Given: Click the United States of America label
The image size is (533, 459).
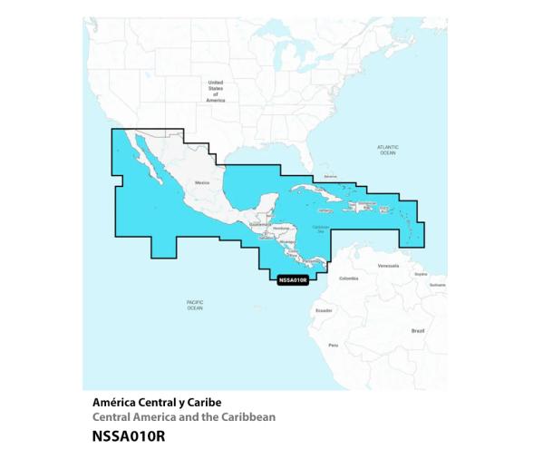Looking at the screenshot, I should coord(215,91).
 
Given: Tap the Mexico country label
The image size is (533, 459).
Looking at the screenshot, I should coord(201,181).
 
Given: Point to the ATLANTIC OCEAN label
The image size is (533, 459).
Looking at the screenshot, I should coord(387,150).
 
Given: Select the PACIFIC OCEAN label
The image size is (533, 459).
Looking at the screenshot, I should coord(195,305).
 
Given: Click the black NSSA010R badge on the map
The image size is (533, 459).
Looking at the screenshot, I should coord(293,280).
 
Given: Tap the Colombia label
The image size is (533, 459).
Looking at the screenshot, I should coord(348,278).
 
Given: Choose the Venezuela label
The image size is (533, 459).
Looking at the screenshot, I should coord(387,266).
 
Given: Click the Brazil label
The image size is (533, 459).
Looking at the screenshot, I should coord(418,331).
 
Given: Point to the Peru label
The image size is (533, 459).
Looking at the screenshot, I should coord(333,345).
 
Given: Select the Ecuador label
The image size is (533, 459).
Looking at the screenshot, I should coord(323,310).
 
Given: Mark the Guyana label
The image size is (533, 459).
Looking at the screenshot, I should coord(420,274).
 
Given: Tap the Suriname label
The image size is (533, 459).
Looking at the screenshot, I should coord(438,285).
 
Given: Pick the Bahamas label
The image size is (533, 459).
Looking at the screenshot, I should coord(330,176).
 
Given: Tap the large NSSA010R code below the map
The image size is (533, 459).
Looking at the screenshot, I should coord(129,435).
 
